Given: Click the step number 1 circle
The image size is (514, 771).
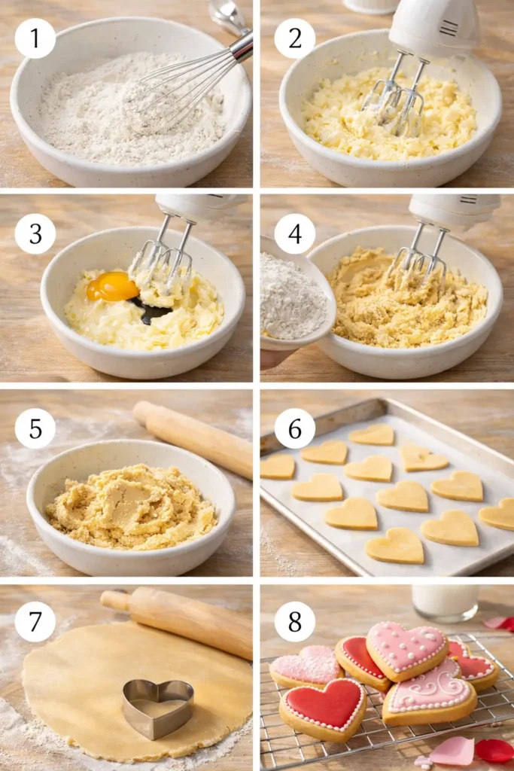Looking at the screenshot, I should (35, 38).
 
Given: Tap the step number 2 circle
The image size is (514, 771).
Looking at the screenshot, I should (294, 38).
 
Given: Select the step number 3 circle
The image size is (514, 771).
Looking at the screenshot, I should (35, 233).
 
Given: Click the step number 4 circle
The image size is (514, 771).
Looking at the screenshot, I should (294, 233).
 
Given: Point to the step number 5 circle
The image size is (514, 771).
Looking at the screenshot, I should (35, 428).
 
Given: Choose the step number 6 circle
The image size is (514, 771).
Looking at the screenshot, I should (294, 428).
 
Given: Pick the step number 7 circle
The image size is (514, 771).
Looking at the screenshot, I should (35, 621).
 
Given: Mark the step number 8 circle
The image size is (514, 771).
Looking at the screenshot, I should (294, 621).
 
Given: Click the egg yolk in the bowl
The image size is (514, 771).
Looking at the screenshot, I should (113, 287).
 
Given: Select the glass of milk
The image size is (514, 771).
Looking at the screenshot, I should (445, 602).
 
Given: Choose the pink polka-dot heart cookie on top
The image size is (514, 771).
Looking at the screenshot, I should (406, 649).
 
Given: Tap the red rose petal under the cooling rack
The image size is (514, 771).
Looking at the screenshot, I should (494, 749).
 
